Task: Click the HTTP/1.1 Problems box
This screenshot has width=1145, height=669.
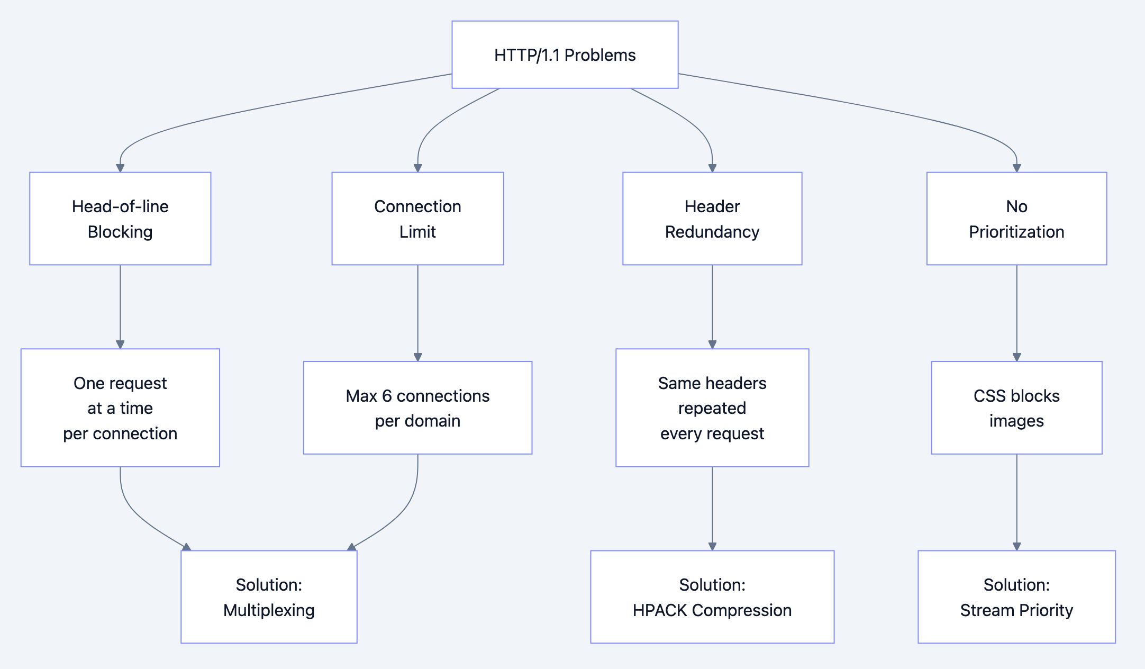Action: point(565,55)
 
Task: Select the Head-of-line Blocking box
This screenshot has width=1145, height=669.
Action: point(120,219)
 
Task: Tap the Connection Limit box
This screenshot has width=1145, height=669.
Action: point(417,219)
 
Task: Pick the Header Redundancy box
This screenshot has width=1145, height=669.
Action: point(712,219)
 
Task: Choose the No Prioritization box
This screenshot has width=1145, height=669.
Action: point(1016,219)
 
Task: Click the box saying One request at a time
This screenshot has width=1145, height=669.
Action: point(120,408)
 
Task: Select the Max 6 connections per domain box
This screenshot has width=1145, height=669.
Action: point(417,408)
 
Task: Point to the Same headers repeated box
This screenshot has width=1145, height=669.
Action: point(712,408)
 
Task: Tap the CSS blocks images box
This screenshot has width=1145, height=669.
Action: point(1016,408)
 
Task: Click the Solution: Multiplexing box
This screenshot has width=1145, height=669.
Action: point(269,596)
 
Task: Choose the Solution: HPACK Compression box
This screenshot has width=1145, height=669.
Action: point(712,596)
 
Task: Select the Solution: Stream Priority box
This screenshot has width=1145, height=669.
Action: point(1016,596)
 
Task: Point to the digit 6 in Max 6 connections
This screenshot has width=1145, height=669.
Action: point(387,396)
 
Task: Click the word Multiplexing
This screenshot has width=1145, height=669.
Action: point(269,610)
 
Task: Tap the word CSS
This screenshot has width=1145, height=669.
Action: point(989,396)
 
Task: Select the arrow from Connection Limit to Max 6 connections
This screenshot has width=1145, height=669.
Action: point(417,312)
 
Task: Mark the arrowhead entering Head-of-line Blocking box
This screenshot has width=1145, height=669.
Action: point(120,168)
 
